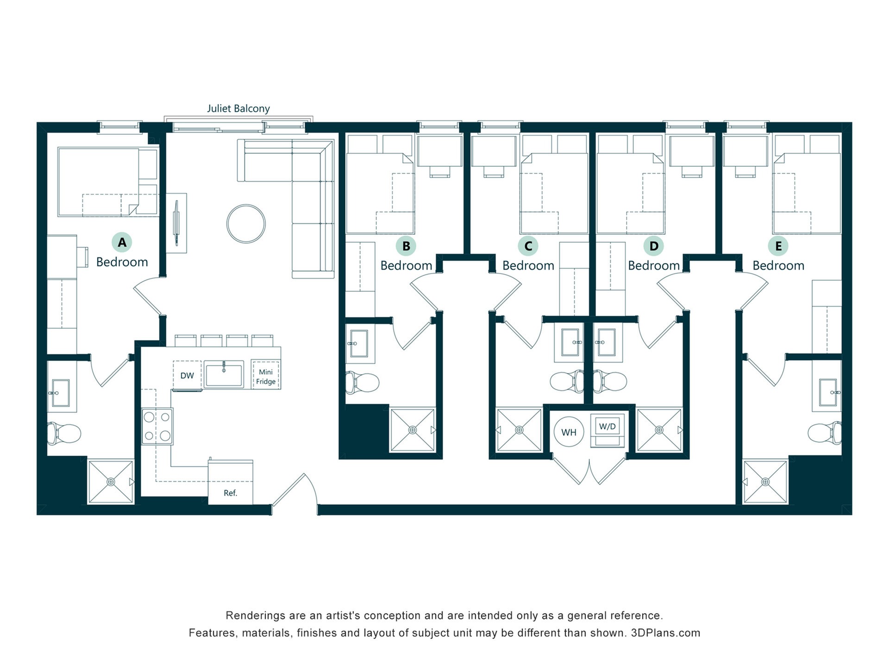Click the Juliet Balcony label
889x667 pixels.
pyautogui.click(x=238, y=109)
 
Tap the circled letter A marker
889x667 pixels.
pyautogui.click(x=122, y=242)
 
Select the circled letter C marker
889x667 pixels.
pyautogui.click(x=528, y=246)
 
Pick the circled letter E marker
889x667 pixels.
pyautogui.click(x=778, y=246)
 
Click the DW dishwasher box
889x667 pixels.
pyautogui.click(x=187, y=375)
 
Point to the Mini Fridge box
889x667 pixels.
pyautogui.click(x=266, y=376)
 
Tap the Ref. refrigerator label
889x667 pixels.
pyautogui.click(x=230, y=493)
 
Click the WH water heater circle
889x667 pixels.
pyautogui.click(x=569, y=432)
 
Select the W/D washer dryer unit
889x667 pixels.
pyautogui.click(x=607, y=430)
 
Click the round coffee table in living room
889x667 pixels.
pyautogui.click(x=246, y=224)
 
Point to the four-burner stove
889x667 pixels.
pyautogui.click(x=157, y=427)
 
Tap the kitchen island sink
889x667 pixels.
pyautogui.click(x=224, y=374)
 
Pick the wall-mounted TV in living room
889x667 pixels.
pyautogui.click(x=176, y=223)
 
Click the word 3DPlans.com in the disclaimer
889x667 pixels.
pyautogui.click(x=665, y=633)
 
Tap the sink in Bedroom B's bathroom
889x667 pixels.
pyautogui.click(x=359, y=343)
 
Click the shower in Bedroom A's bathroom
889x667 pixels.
pyautogui.click(x=111, y=482)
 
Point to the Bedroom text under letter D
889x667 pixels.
pyautogui.click(x=653, y=265)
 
